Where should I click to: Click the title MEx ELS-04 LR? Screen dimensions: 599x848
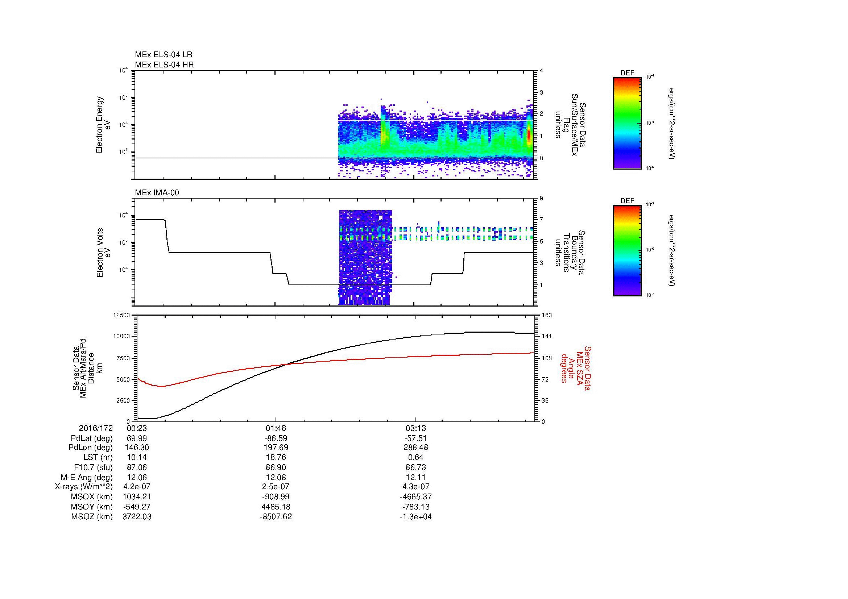[163, 55]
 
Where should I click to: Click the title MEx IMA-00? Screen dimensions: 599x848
[157, 193]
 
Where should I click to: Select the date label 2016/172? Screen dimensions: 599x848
[96, 428]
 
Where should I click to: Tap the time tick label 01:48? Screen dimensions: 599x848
[276, 428]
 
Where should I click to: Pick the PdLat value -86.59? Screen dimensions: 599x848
[276, 438]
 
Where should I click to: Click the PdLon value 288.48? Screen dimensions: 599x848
[416, 447]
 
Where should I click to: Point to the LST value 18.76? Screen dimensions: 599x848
[276, 457]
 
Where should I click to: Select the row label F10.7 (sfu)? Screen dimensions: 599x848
[93, 467]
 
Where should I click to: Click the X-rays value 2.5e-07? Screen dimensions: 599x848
[276, 487]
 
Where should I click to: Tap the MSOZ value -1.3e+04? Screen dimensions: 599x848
[416, 517]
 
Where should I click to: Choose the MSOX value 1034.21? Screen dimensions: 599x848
[137, 497]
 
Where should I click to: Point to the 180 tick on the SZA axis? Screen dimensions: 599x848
[546, 315]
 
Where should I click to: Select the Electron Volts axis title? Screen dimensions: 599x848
[100, 253]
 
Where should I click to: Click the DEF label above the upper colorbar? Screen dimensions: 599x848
[627, 73]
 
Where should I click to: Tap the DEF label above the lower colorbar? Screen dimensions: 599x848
[627, 201]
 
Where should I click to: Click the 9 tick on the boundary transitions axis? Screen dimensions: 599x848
[541, 199]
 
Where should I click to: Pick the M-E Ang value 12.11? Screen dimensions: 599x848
[416, 477]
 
